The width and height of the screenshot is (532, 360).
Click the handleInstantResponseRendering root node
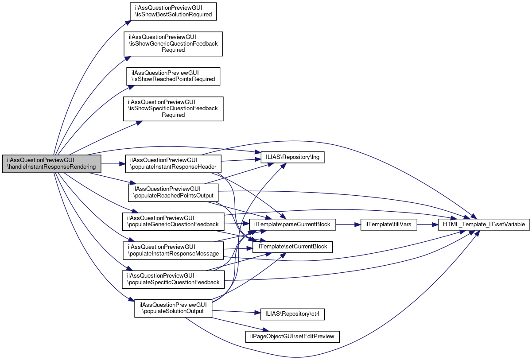click(52, 164)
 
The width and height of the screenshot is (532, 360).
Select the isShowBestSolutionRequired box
click(173, 11)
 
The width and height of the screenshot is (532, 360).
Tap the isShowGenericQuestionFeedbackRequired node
click(173, 43)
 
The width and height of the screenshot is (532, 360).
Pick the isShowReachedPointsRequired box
click(173, 76)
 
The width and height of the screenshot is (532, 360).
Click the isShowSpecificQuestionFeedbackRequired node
click(173, 108)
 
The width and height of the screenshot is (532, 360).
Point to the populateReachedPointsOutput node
click(173, 192)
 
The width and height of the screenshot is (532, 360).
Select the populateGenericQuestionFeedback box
click(173, 221)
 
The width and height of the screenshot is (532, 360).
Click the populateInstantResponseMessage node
click(173, 250)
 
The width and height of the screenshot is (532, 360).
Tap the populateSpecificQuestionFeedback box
click(173, 279)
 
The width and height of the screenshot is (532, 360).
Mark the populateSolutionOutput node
click(173, 307)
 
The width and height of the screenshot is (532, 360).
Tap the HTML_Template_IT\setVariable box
click(484, 225)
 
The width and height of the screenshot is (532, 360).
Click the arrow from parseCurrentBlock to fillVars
click(348, 225)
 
